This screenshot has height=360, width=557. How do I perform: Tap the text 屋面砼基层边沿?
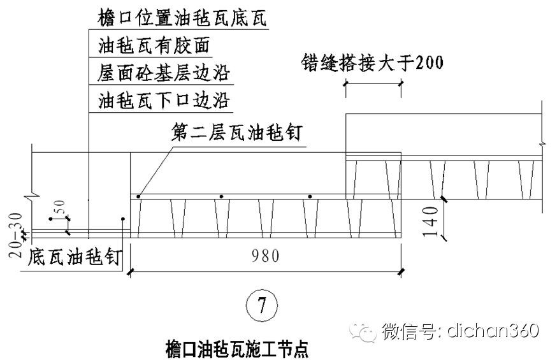pos(164,73)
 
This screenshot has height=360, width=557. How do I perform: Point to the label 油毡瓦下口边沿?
pos(164,101)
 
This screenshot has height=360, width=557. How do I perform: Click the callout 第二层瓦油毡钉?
pos(236,133)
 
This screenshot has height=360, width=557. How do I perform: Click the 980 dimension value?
pos(264,256)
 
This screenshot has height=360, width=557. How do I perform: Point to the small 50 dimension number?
pos(60,209)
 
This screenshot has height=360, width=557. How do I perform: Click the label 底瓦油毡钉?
pos(75,257)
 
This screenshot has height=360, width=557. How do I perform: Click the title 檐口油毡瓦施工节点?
pos(236,349)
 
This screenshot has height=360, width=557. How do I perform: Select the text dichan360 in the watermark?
pos(493,331)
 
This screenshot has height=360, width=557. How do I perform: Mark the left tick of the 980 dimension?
pos(131,272)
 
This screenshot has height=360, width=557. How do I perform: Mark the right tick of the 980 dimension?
pos(400,272)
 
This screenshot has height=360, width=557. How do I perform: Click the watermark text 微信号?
pos(409,331)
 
